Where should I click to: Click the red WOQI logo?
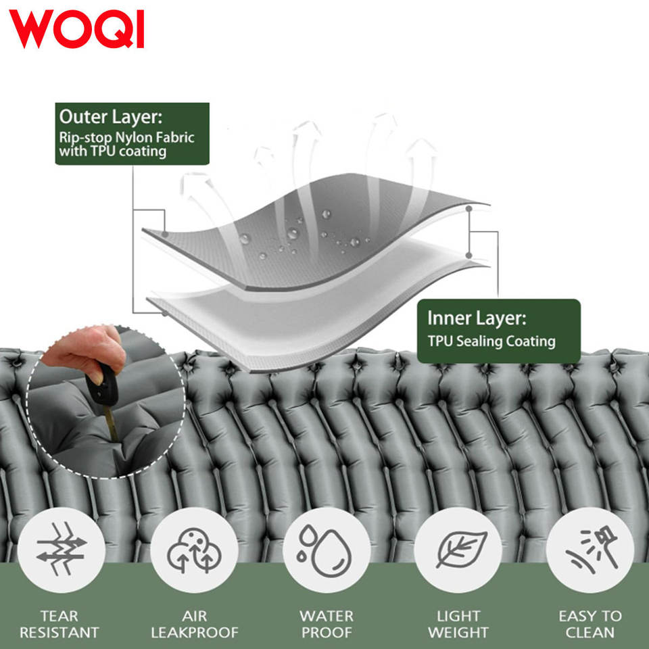click(76, 29)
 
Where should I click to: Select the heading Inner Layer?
click(476, 318)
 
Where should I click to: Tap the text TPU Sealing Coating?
click(491, 341)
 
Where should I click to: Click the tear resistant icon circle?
click(61, 549)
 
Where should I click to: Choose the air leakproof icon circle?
click(194, 549)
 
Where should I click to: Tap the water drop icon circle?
click(327, 549)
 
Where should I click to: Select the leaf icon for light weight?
click(458, 549)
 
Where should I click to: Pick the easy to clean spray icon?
click(590, 549)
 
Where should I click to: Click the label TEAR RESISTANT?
click(59, 625)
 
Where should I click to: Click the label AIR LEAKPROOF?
click(194, 625)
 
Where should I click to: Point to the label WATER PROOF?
click(327, 625)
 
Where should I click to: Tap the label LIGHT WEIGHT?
click(458, 625)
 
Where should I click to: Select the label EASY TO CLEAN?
click(590, 625)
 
